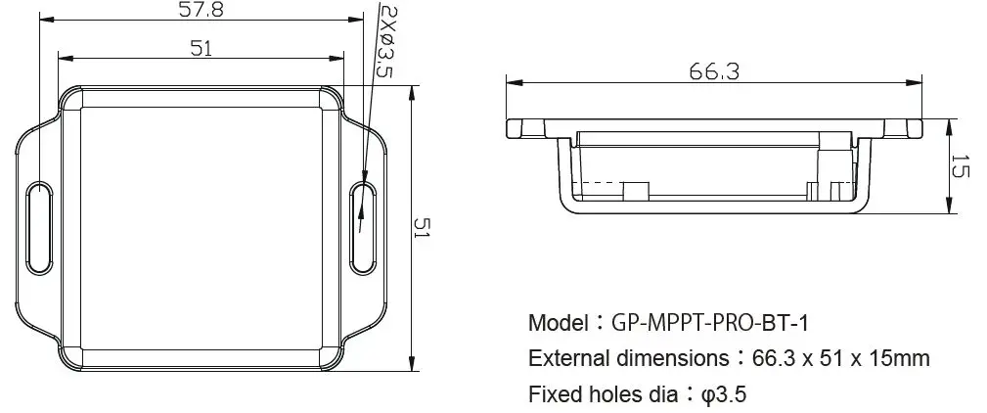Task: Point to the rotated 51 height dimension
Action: [423, 229]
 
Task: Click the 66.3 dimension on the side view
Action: [714, 71]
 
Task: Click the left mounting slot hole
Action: [38, 226]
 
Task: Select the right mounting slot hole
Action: [361, 226]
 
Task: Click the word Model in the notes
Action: [559, 323]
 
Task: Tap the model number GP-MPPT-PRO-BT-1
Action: [710, 323]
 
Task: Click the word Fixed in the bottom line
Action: [552, 394]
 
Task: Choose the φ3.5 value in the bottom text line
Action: [725, 394]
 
